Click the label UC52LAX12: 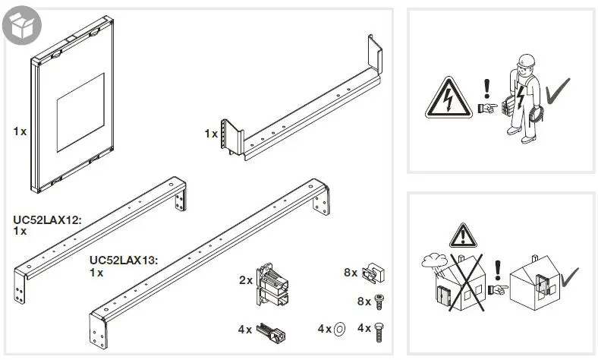[47, 219]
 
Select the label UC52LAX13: [123, 261]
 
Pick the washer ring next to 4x [340, 328]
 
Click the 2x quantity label [245, 280]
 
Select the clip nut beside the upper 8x [373, 272]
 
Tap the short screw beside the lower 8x [379, 300]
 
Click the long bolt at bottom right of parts [380, 329]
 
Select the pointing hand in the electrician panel [487, 108]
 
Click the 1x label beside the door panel [20, 131]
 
